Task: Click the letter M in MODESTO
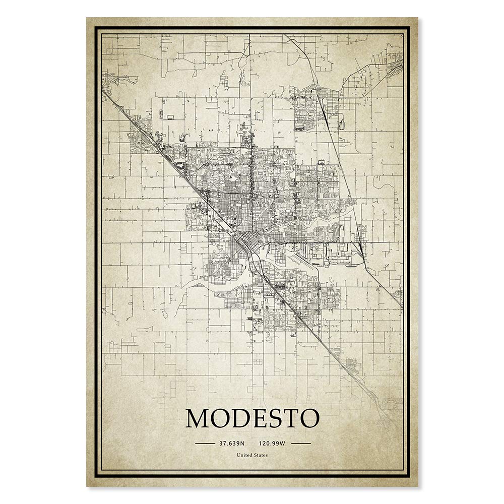(x=199, y=418)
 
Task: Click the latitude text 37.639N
(x=231, y=444)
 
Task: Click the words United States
(x=252, y=455)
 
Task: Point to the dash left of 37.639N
(x=204, y=444)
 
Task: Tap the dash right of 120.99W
(x=301, y=444)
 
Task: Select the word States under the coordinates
(x=261, y=455)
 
